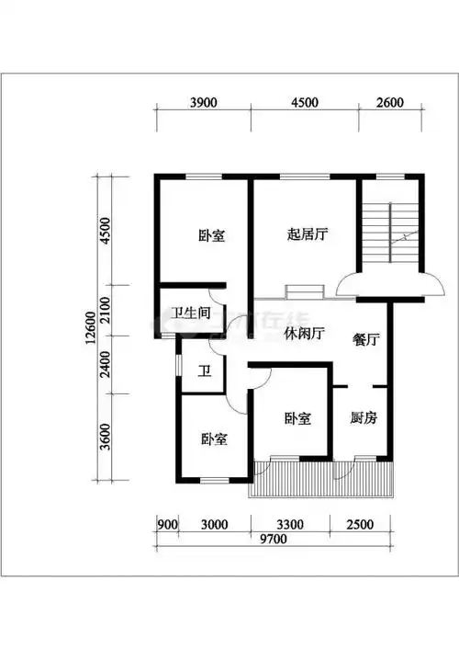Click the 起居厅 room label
point(307,234)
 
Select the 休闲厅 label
point(306,334)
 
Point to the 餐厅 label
point(366,339)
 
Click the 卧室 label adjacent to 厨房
point(297,418)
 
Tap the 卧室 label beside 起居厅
point(212,235)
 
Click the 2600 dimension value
point(389,103)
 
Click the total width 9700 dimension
point(273,539)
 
